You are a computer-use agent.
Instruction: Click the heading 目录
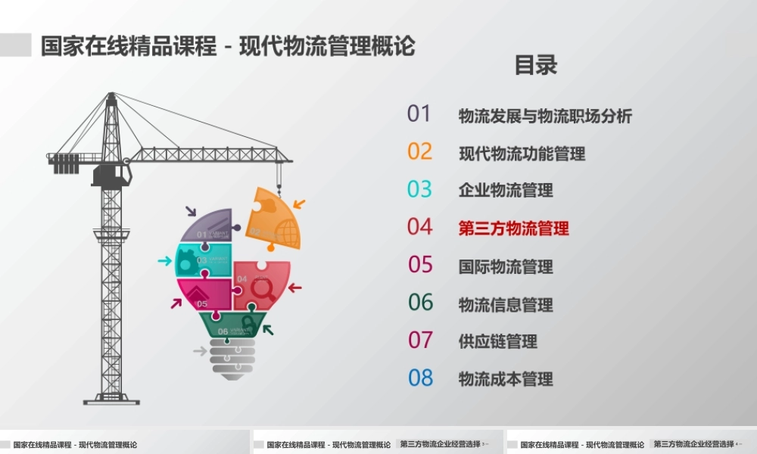[536, 65]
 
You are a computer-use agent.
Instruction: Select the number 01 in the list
[419, 113]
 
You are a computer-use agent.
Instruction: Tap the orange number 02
[419, 151]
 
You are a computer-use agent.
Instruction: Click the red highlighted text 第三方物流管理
[513, 228]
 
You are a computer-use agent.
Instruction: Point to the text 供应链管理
[497, 341]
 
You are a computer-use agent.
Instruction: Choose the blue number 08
[420, 378]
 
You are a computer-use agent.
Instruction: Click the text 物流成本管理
[506, 379]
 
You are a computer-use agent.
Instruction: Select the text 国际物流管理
[506, 266]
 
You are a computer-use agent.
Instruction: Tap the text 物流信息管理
[506, 304]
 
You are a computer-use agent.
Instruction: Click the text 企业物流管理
[506, 190]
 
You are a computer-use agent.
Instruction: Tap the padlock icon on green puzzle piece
[248, 323]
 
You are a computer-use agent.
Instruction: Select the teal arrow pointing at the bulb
[164, 261]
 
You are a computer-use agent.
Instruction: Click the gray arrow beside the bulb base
[200, 351]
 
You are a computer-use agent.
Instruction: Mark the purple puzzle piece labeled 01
[208, 225]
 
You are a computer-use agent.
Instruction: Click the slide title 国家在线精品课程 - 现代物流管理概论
[228, 45]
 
